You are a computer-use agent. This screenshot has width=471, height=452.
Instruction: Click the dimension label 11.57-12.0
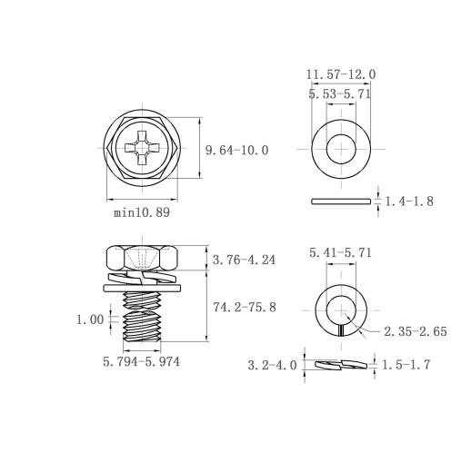pyautogui.click(x=341, y=74)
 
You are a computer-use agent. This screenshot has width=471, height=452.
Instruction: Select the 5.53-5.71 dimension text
pyautogui.click(x=339, y=94)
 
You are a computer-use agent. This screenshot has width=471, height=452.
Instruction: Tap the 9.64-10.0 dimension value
pyautogui.click(x=237, y=151)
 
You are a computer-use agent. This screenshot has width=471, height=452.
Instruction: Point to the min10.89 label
pyautogui.click(x=142, y=212)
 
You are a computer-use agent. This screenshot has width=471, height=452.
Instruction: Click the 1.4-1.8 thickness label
pyautogui.click(x=409, y=201)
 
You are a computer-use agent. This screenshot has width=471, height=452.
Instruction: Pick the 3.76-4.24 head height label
pyautogui.click(x=244, y=260)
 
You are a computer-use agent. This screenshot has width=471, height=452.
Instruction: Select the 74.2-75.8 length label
pyautogui.click(x=245, y=308)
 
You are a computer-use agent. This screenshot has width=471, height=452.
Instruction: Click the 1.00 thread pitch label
pyautogui.click(x=90, y=319)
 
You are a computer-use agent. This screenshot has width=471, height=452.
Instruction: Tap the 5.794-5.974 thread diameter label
pyautogui.click(x=141, y=362)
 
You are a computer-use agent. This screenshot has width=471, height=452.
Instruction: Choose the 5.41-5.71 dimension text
pyautogui.click(x=340, y=252)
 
